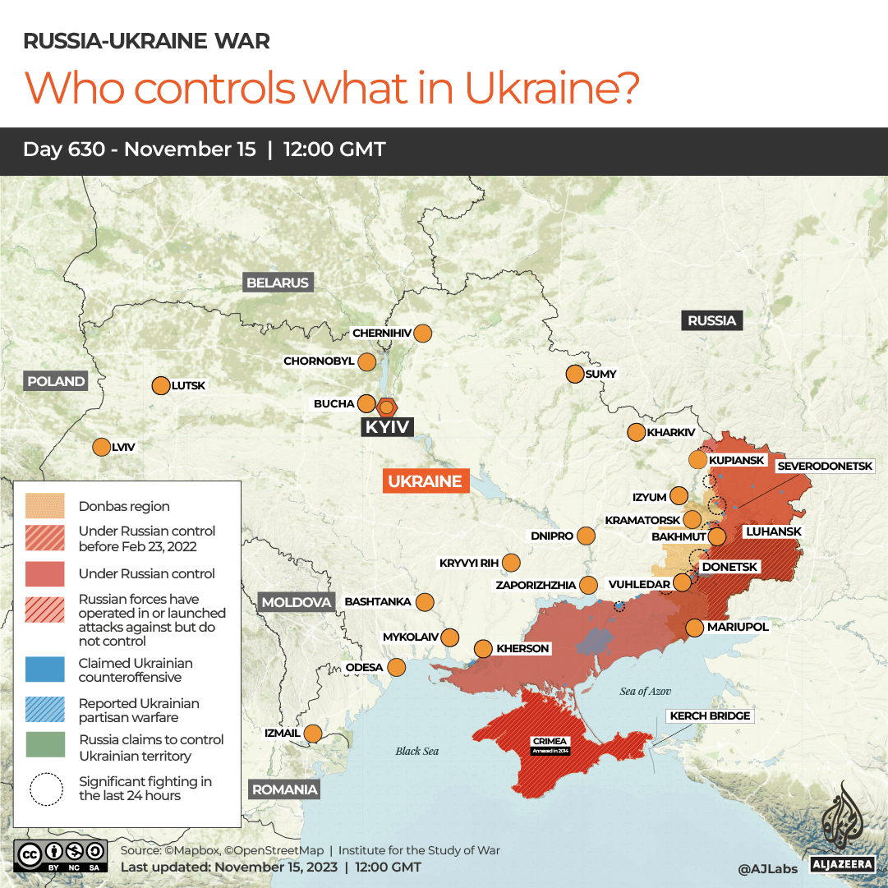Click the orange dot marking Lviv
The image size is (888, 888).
(x=101, y=447)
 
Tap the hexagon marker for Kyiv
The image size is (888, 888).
(x=387, y=406)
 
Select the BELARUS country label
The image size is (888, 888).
(x=278, y=283)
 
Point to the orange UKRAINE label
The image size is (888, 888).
(x=426, y=481)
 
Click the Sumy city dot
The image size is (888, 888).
(x=575, y=374)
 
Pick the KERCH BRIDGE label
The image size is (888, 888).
(x=710, y=715)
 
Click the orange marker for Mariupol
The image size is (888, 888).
(x=695, y=628)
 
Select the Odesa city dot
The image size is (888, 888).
(x=397, y=667)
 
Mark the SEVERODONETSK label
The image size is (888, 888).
(x=825, y=466)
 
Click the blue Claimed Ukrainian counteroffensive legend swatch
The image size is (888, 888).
(x=45, y=669)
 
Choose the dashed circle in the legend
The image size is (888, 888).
(x=45, y=789)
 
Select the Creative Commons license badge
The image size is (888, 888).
(x=61, y=854)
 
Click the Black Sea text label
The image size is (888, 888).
(x=417, y=751)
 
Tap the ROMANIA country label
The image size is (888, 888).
(x=284, y=789)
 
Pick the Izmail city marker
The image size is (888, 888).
(x=313, y=733)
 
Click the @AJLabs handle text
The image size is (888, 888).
(x=766, y=867)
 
